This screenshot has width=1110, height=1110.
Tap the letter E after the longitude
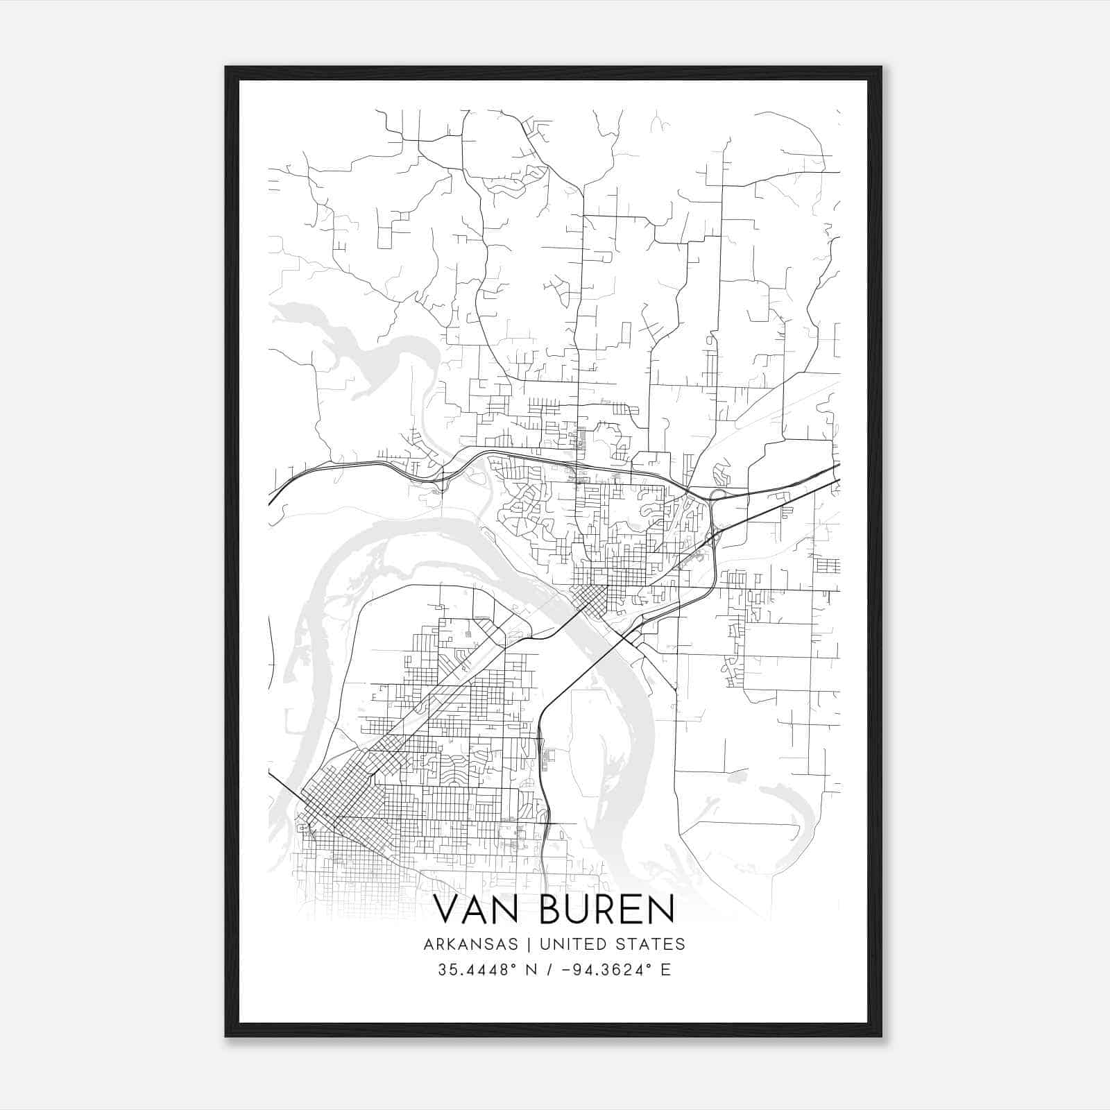(666, 970)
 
